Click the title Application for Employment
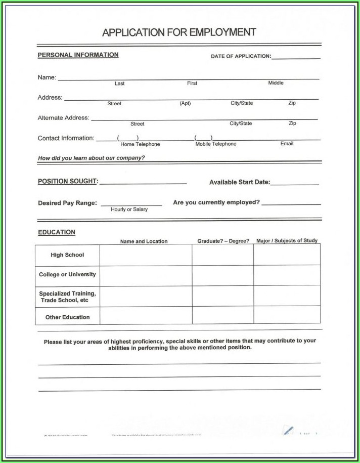coord(179,33)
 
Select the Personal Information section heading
coord(78,55)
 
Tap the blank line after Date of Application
coord(296,57)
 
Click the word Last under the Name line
coord(119,83)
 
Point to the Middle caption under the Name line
coord(276,83)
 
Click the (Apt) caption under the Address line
coord(185,103)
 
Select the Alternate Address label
coord(63,118)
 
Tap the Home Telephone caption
coord(140,144)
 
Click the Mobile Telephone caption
coord(216,144)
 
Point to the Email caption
coord(287,144)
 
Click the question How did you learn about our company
coord(91,158)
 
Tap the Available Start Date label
coord(240,182)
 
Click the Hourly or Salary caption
coord(129,209)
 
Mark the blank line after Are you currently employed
coord(291,203)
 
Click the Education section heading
coord(57,232)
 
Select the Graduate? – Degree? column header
coord(223,241)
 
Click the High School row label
coord(67,255)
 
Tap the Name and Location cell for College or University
coord(146,275)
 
